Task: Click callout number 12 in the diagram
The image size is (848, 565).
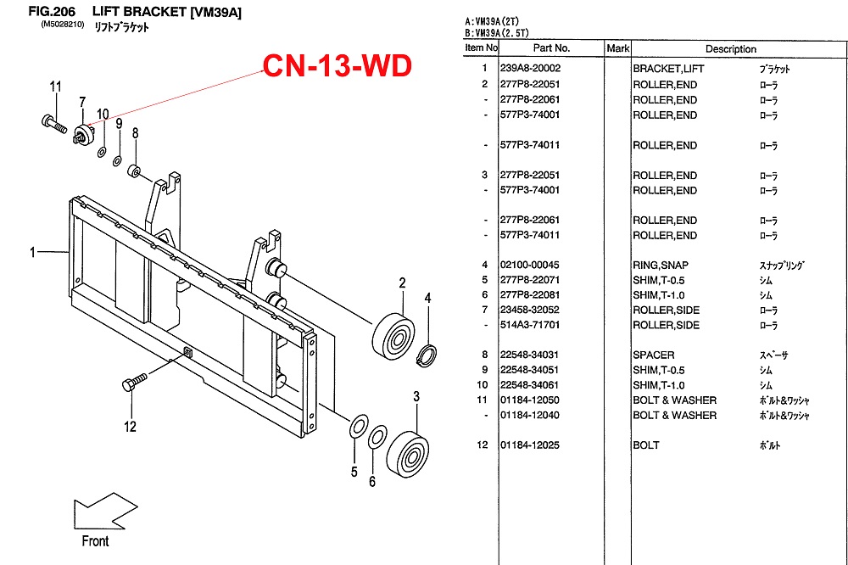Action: (x=130, y=427)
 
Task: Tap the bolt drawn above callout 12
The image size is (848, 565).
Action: (x=135, y=382)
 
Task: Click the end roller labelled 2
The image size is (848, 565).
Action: (x=393, y=333)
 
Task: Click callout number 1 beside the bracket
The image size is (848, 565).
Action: (x=33, y=252)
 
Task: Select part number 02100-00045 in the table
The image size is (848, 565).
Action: (x=531, y=265)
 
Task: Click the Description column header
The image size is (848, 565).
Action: (x=730, y=49)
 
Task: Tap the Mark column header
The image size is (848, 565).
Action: (x=617, y=49)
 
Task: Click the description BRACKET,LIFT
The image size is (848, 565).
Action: (x=668, y=69)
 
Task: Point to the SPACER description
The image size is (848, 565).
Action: (x=654, y=355)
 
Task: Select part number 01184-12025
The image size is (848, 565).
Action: (x=531, y=445)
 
